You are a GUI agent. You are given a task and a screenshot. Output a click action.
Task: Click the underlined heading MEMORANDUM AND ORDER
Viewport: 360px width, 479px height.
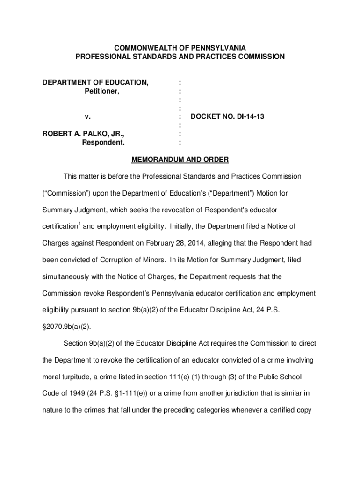(180, 160)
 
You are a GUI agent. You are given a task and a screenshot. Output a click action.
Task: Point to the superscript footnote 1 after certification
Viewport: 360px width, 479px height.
(79, 225)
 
